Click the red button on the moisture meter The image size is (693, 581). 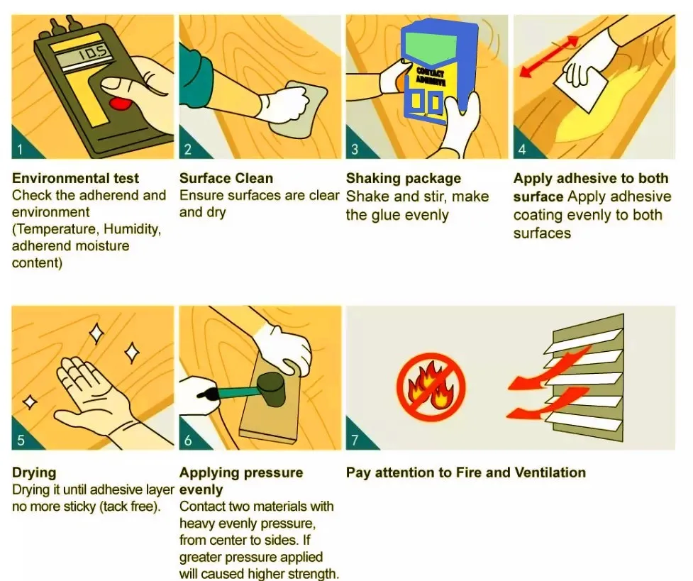(120, 104)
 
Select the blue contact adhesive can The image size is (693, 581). (439, 73)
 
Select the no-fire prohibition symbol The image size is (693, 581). (431, 387)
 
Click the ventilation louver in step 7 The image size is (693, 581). (584, 379)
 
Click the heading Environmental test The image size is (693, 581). (75, 178)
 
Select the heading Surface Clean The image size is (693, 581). (226, 178)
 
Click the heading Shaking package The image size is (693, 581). (404, 178)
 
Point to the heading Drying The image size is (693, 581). (34, 472)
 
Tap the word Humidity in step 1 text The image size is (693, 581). (132, 229)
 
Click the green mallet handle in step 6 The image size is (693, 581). (238, 392)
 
